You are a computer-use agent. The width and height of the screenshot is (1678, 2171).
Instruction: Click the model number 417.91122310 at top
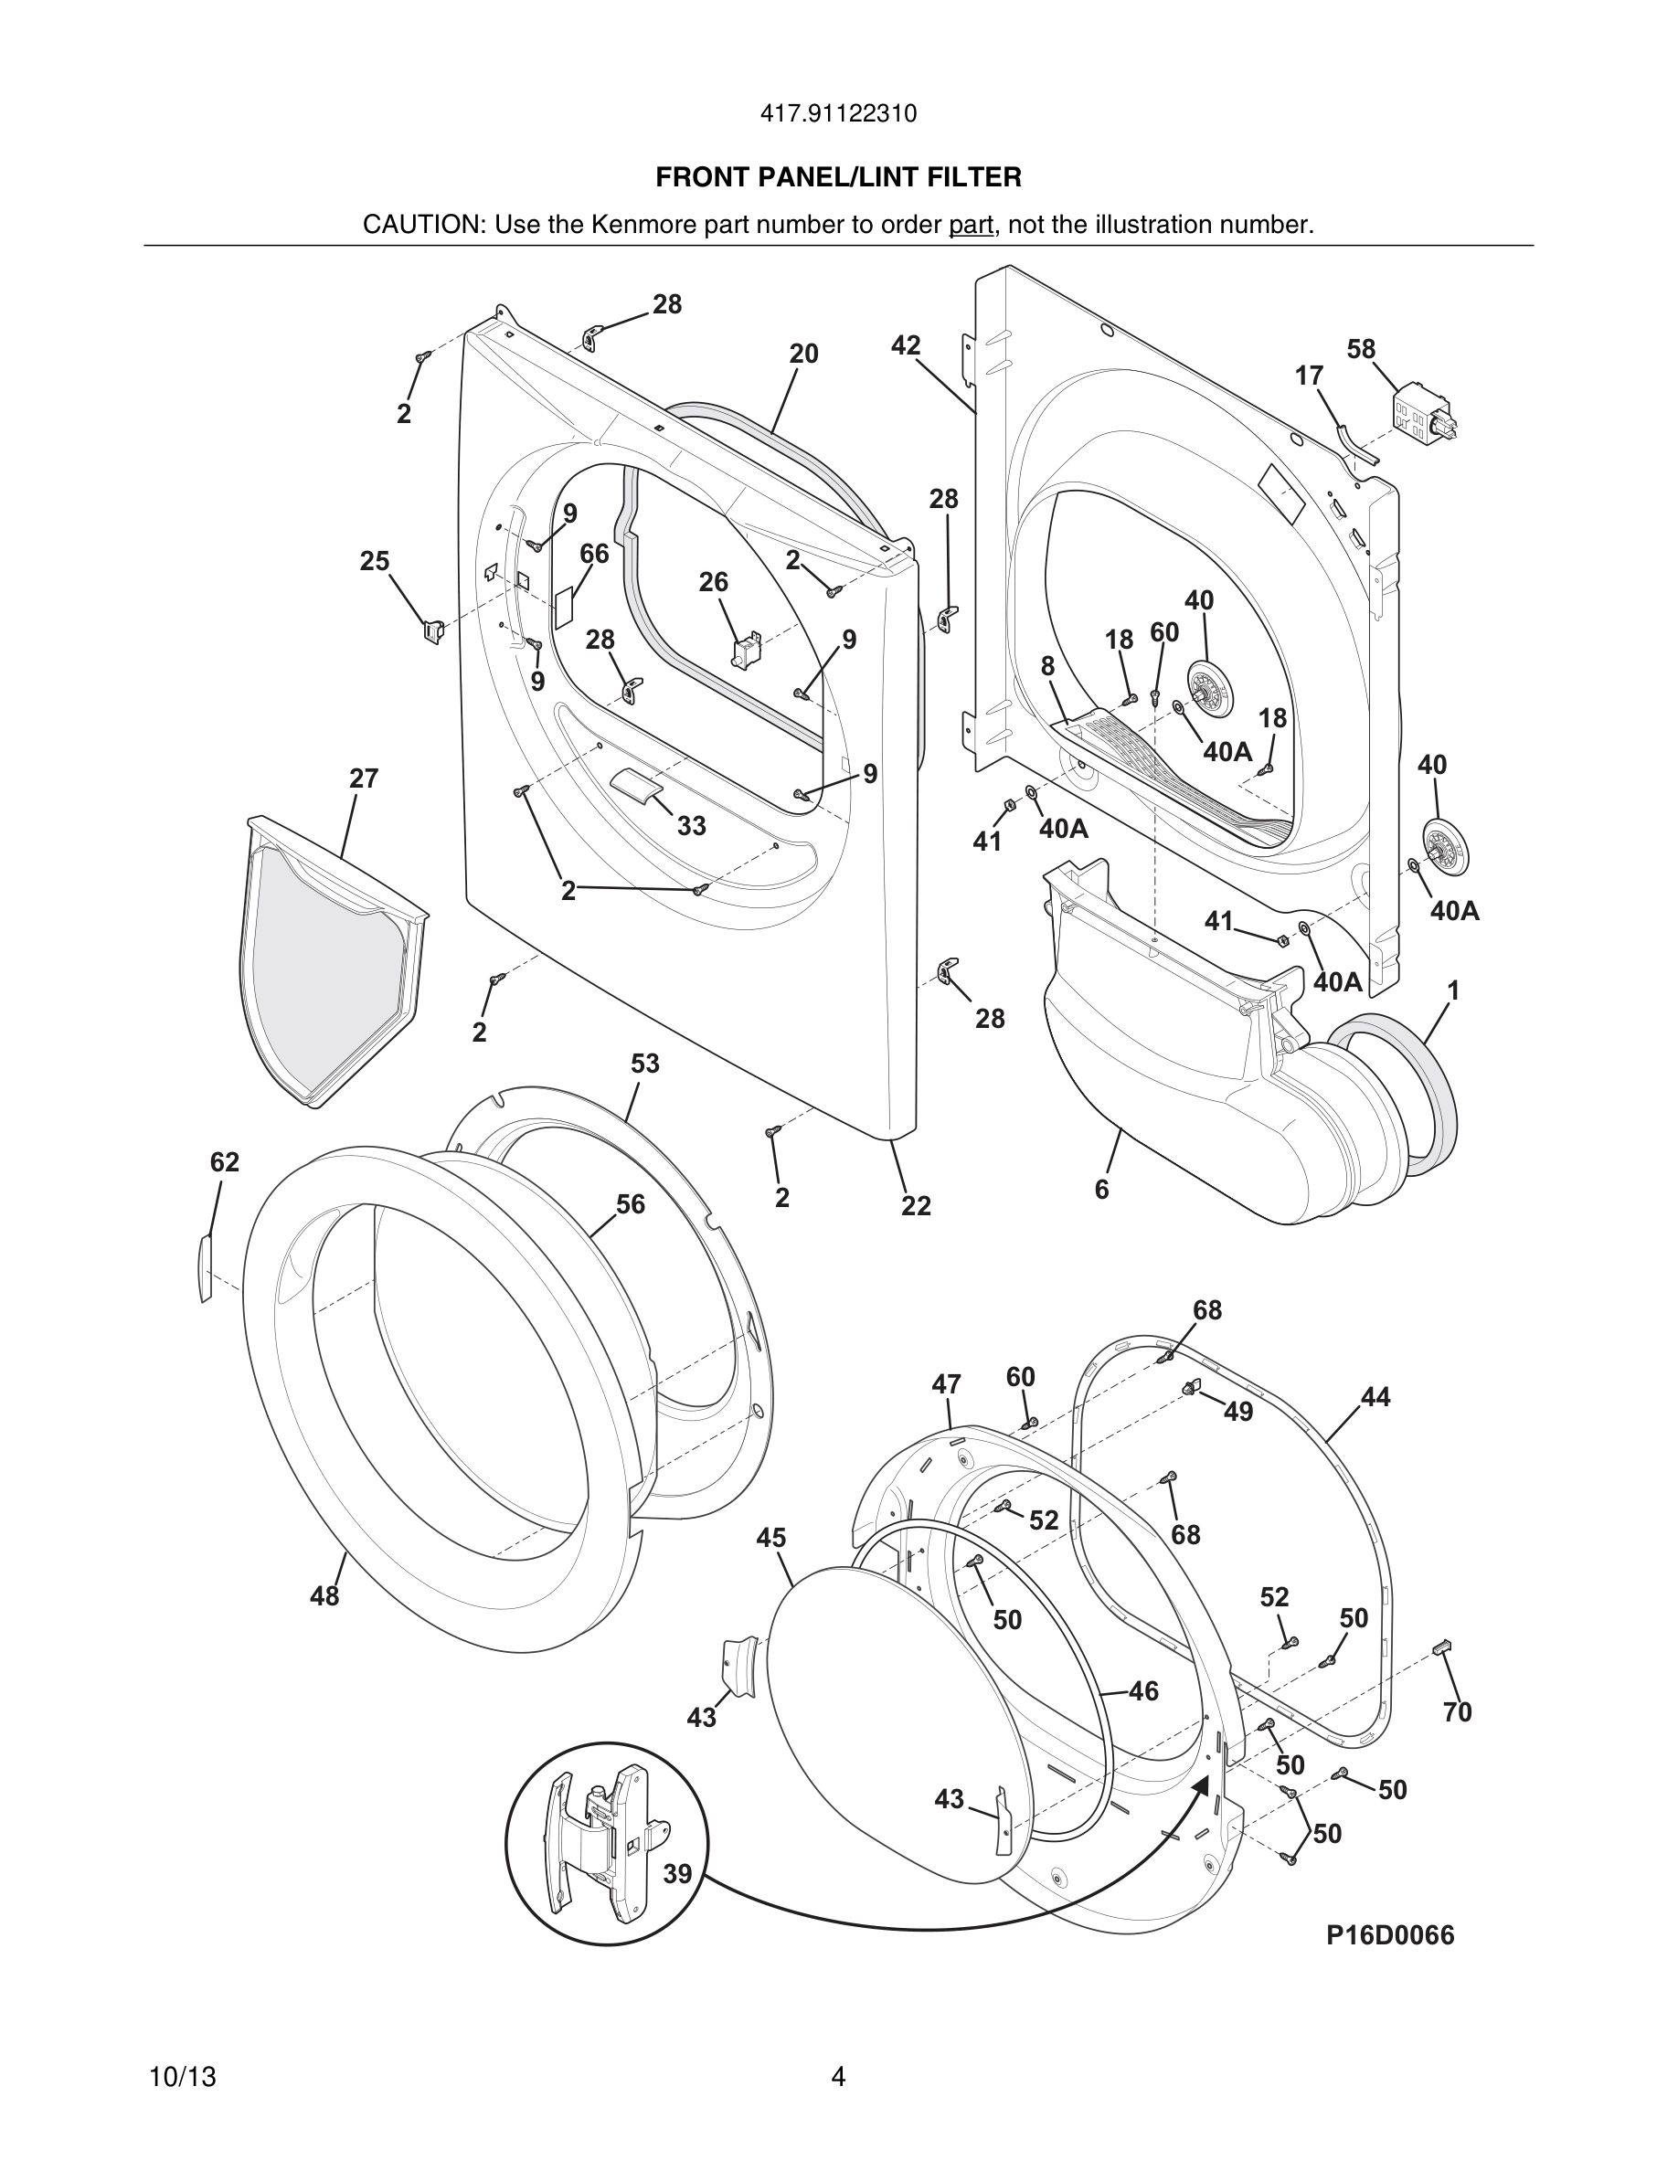[838, 114]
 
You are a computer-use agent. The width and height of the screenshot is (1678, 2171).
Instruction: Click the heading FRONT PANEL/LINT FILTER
[838, 178]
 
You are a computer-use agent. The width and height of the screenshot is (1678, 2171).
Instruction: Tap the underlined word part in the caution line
[971, 226]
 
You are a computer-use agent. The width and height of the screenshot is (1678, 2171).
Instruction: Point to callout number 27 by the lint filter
[364, 778]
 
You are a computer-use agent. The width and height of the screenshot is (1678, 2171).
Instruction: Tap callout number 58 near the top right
[1361, 350]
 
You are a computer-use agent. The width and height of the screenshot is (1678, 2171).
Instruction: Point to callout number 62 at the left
[225, 1162]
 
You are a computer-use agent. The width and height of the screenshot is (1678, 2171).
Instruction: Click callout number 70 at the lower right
[1456, 1711]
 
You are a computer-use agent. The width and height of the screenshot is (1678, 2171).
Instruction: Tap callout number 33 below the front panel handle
[691, 825]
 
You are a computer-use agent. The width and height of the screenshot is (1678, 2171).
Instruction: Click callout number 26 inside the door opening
[713, 583]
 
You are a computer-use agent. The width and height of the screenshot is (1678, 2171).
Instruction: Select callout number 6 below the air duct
[1101, 1190]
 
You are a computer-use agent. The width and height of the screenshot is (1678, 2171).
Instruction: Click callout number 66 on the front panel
[593, 554]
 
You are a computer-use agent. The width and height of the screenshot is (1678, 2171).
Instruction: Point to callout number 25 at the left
[375, 562]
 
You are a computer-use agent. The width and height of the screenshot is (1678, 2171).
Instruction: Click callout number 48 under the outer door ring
[324, 1596]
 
